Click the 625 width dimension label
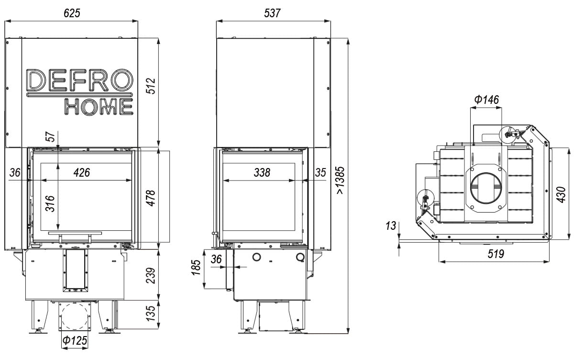[x=71, y=13]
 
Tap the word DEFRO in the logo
[x=79, y=80]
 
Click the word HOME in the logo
[x=99, y=106]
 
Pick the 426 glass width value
[x=81, y=173]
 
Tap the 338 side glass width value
[x=262, y=173]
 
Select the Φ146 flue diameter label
[x=486, y=100]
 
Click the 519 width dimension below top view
[x=496, y=254]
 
